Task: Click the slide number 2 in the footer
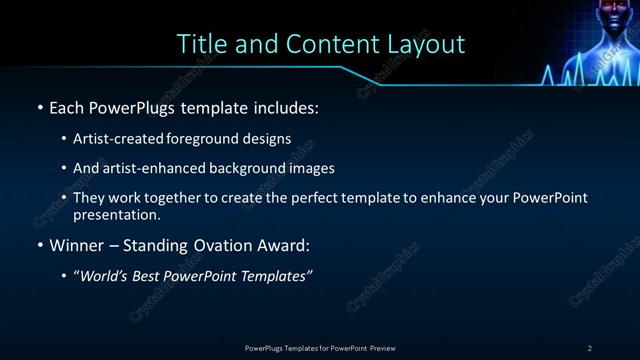click(x=590, y=347)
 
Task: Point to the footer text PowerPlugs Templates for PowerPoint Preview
click(x=320, y=347)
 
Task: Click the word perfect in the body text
click(x=327, y=198)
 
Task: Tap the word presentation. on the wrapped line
click(x=117, y=214)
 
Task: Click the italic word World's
click(x=106, y=276)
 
